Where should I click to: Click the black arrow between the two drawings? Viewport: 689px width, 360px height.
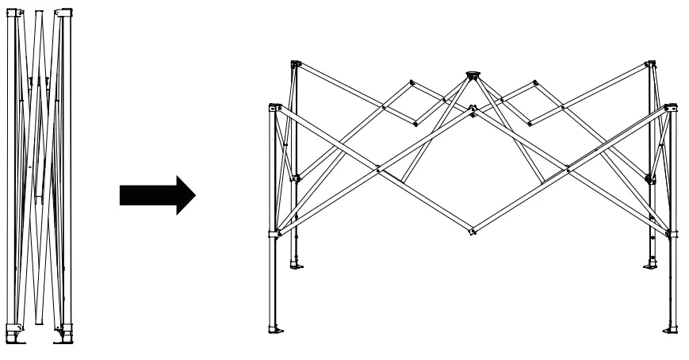pos(156,194)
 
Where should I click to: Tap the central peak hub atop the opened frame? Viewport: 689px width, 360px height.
pos(472,76)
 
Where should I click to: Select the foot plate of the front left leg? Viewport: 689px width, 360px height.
pos(274,328)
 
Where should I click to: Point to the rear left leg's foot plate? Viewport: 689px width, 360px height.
pos(297,264)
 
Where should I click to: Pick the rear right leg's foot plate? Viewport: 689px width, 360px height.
pos(650,264)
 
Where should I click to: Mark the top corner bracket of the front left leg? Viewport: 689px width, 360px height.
pos(275,107)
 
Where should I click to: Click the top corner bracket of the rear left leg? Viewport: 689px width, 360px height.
pos(296,63)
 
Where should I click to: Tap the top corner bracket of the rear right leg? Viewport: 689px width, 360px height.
pos(651,63)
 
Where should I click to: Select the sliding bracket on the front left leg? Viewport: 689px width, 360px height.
pos(274,233)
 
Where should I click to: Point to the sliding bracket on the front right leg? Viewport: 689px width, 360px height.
pos(671,233)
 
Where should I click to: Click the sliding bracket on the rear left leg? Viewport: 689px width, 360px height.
pos(296,178)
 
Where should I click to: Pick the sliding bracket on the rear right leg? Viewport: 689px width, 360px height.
pos(650,179)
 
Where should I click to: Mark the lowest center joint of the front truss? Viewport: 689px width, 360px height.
pos(472,232)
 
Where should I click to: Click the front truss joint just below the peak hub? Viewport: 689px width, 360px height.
pos(473,109)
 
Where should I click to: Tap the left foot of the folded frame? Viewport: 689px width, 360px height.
pos(16,334)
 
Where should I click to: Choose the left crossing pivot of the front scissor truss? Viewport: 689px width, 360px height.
pos(378,168)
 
